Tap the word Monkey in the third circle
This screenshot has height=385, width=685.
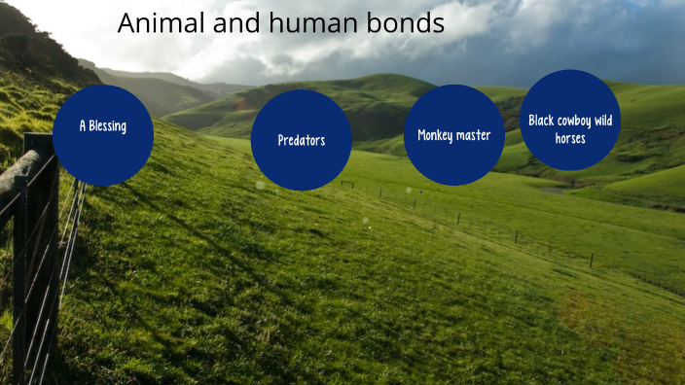437,135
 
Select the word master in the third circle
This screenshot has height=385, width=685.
475,135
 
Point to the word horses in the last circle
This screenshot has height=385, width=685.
570,138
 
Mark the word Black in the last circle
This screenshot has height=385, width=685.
542,121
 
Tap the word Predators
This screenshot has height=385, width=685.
302,140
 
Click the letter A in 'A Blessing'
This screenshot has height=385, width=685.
83,126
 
